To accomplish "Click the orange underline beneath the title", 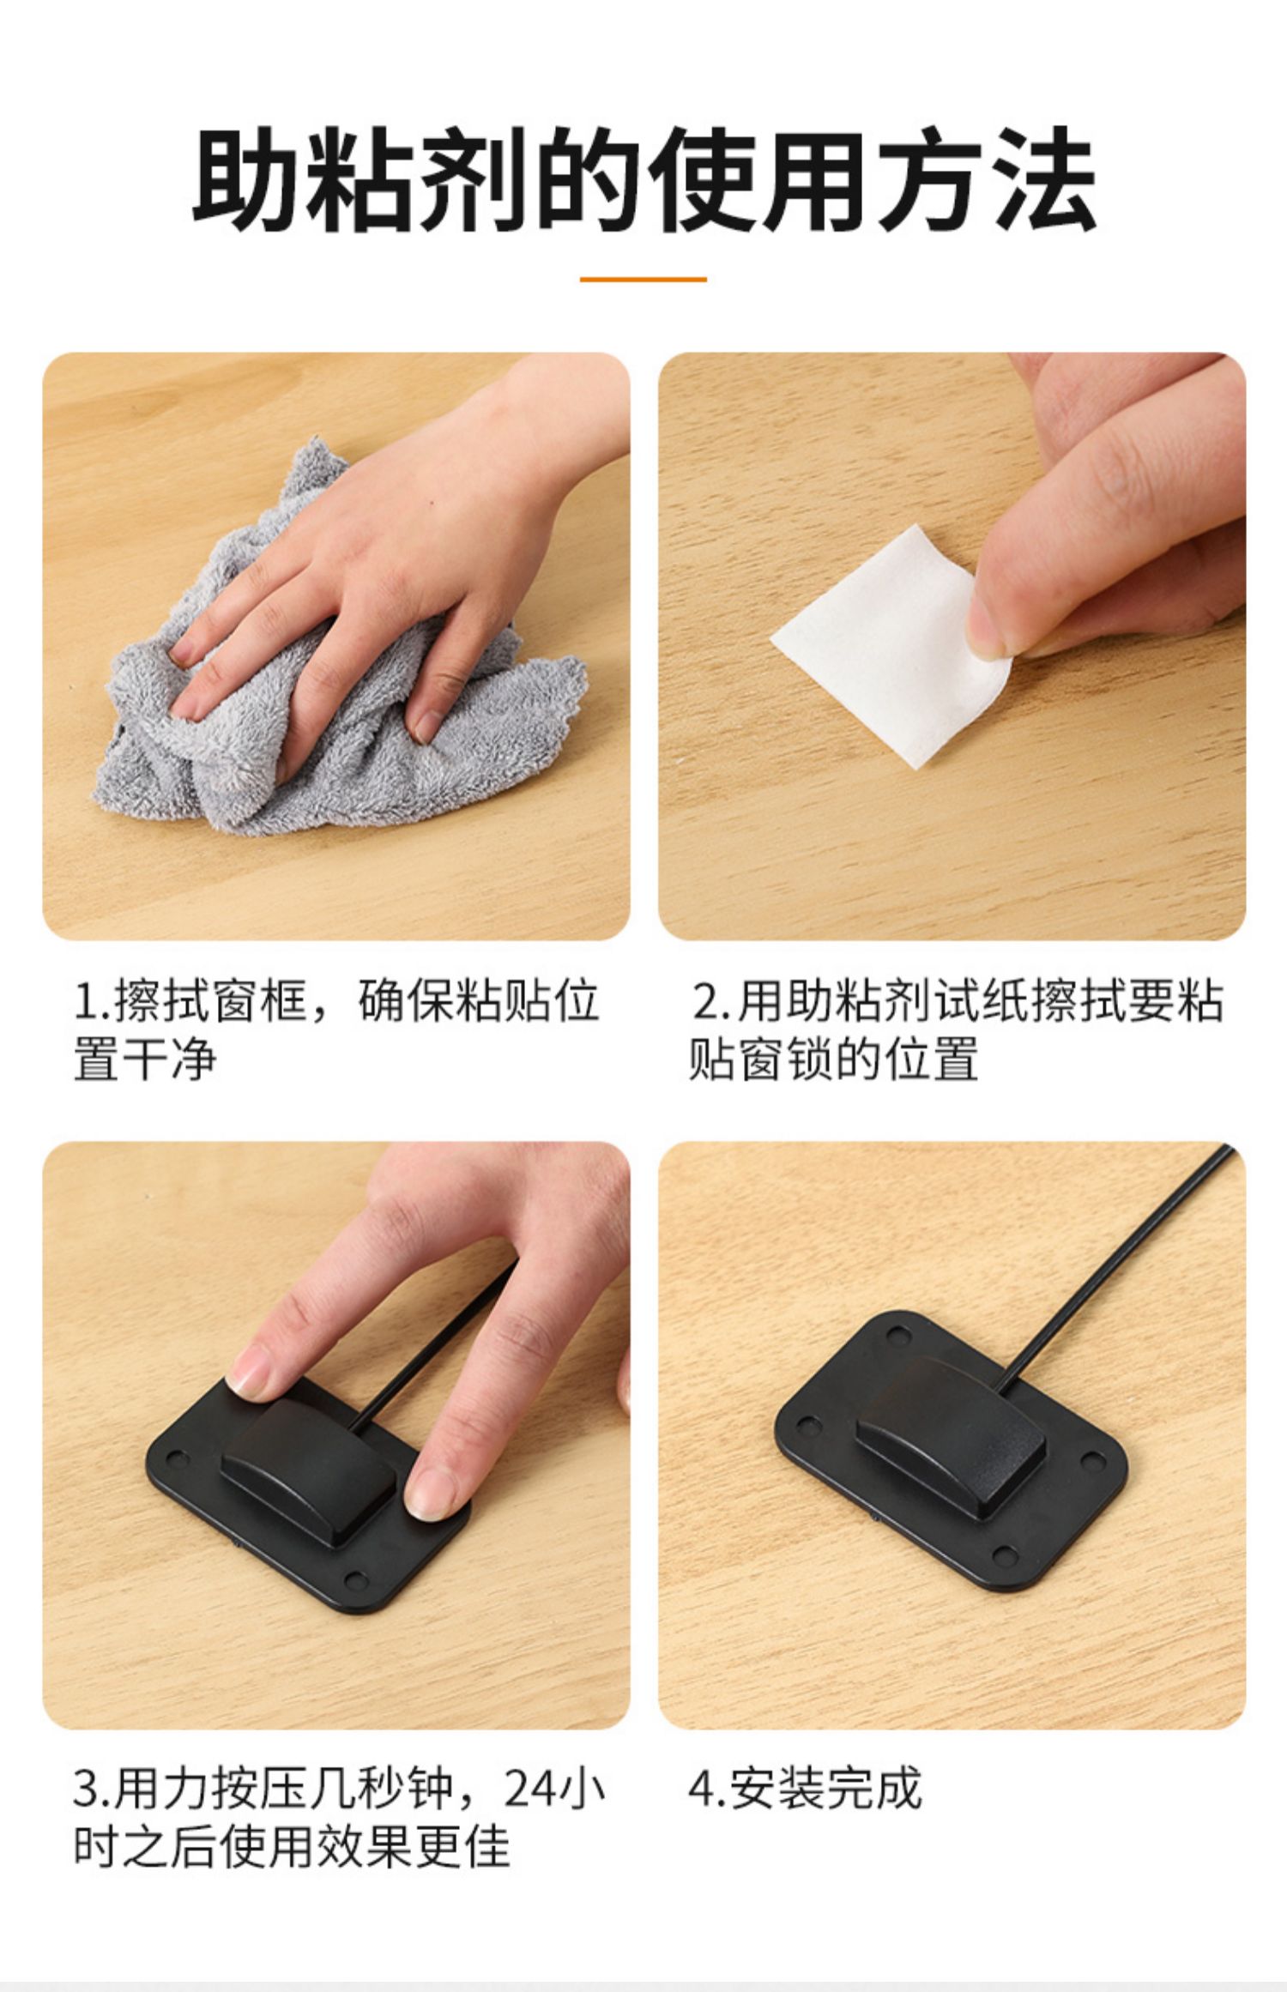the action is (x=643, y=279).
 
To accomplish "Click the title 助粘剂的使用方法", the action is (x=643, y=179).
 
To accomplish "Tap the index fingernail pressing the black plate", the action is (x=252, y=1361).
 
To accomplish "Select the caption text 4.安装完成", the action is (x=805, y=1789).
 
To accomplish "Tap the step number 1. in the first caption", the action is (x=92, y=1001).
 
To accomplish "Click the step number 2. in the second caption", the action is (x=710, y=1001).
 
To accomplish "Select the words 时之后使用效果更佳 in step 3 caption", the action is (x=292, y=1846).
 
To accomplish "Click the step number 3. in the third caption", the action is (x=92, y=1789).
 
